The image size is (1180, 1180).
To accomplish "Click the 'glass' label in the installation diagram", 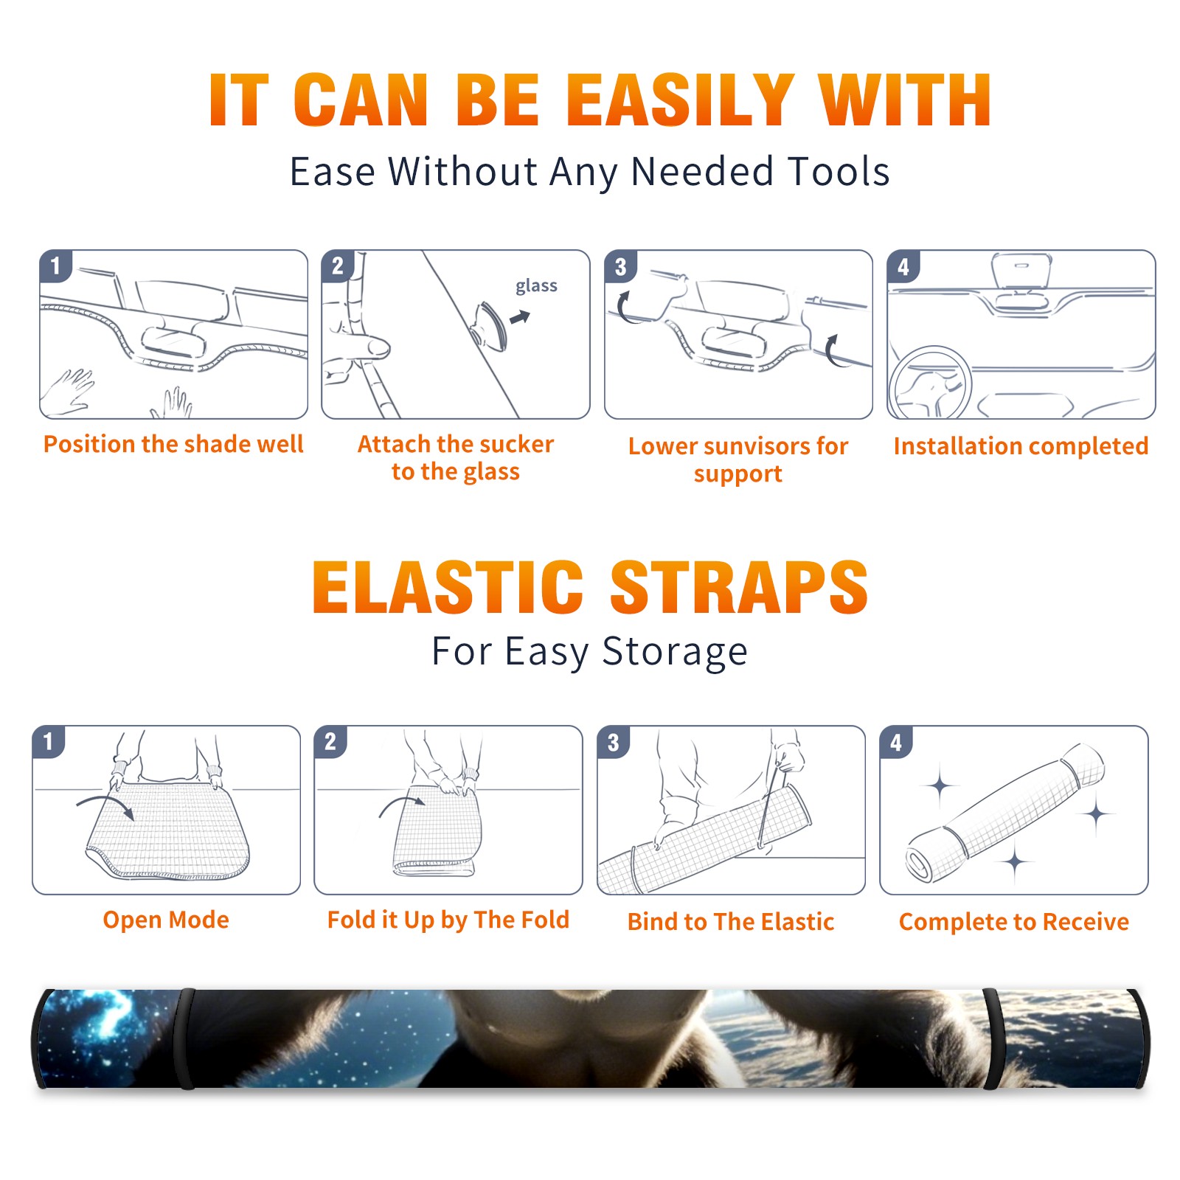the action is pos(536,286).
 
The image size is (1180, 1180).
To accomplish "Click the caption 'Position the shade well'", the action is pos(173,444).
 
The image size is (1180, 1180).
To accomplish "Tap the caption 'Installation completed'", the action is pos(1021,445).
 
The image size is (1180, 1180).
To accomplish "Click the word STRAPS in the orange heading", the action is pos(739,587).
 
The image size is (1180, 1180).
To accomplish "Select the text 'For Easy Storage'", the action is pos(589,652).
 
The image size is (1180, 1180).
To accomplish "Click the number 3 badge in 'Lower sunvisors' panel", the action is pos(620,266).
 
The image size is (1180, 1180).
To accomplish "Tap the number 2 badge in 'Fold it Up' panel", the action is pos(330,741).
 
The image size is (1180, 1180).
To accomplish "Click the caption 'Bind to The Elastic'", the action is pos(730,922).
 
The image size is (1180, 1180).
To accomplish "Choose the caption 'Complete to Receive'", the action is pos(1013,922).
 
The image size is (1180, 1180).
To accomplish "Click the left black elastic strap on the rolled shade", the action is pos(185,1038).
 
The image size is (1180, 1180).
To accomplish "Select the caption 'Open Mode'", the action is pos(166,920).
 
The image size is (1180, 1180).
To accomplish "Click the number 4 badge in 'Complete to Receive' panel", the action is pos(895,742).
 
